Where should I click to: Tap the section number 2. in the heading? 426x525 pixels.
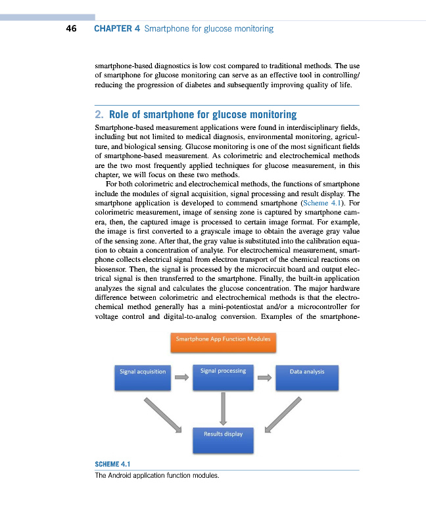[99, 115]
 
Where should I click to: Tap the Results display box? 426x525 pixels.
[223, 440]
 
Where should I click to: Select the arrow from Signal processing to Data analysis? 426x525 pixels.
[265, 377]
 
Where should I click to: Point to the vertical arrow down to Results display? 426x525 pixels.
[224, 408]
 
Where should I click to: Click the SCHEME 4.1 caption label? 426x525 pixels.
[113, 465]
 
